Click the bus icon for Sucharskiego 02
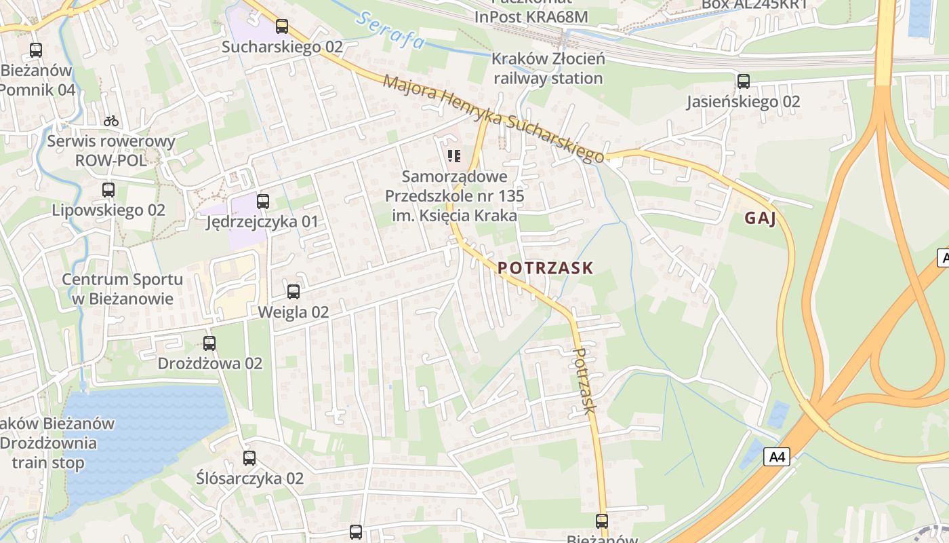click(282, 26)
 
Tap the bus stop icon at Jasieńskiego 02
click(744, 81)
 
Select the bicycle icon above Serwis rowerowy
click(111, 121)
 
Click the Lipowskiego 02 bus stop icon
click(108, 190)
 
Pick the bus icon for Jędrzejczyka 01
click(263, 201)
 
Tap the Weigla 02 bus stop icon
click(294, 292)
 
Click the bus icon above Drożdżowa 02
click(209, 343)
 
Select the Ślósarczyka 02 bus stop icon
click(249, 458)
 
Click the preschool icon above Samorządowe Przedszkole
click(454, 157)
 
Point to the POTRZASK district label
click(545, 268)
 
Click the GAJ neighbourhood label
click(759, 218)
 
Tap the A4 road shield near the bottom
click(778, 457)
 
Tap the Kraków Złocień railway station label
click(548, 69)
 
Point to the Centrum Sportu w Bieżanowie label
click(122, 289)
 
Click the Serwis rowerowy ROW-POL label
click(110, 151)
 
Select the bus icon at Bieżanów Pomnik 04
click(36, 50)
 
